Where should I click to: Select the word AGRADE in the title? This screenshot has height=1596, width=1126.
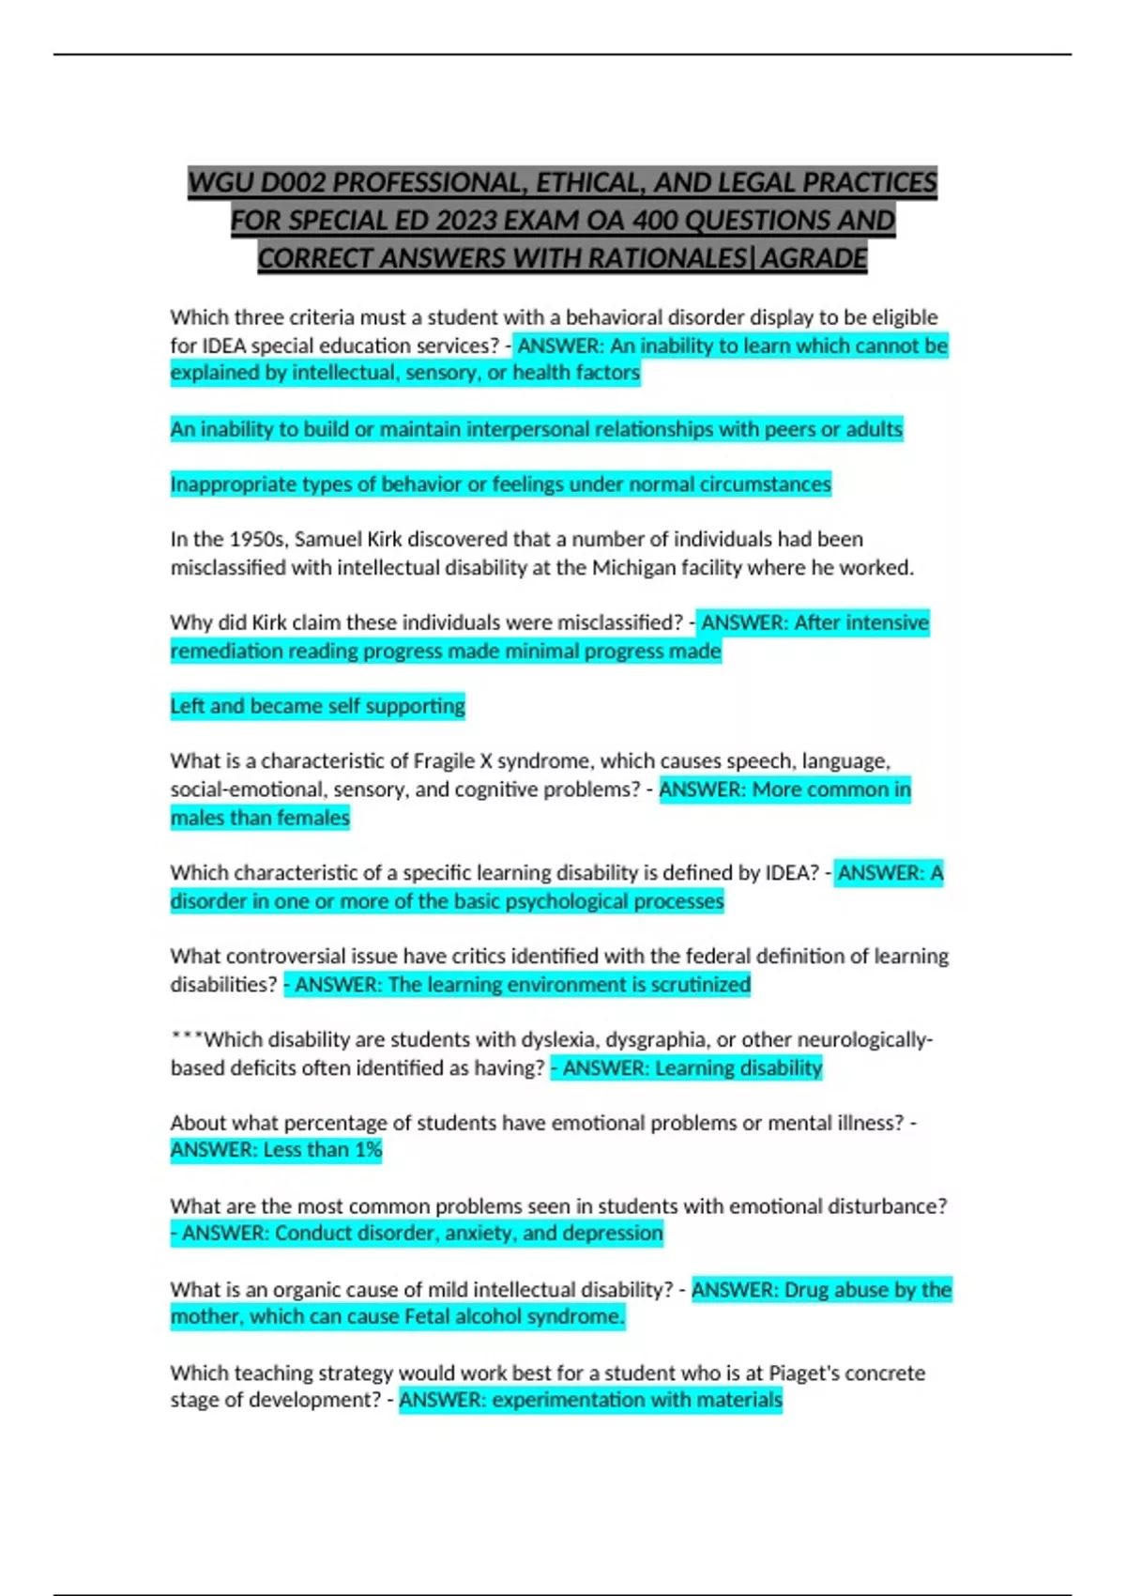click(814, 257)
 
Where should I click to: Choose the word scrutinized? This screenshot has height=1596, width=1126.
click(700, 985)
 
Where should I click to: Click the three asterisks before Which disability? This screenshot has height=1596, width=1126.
click(187, 1039)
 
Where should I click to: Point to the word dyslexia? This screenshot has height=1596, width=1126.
click(559, 1039)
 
